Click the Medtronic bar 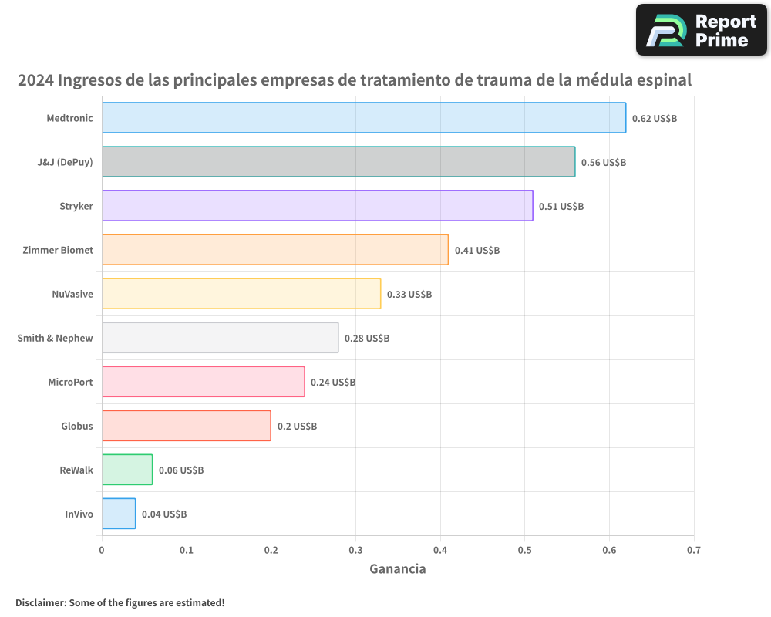[364, 118]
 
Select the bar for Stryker [317, 206]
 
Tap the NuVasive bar [241, 294]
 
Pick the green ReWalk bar [127, 470]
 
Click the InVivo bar [119, 514]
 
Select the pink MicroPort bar [203, 382]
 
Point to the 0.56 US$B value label [603, 163]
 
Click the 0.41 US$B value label [476, 251]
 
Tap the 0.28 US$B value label [367, 339]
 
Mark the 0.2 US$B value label [297, 427]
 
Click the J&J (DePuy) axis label [65, 162]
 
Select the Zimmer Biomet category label [58, 250]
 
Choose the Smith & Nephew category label [55, 338]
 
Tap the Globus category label [77, 426]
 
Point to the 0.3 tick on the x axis [355, 550]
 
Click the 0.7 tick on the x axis [693, 550]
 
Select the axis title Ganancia [397, 569]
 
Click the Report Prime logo [701, 30]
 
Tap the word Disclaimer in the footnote [40, 602]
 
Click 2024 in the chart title [35, 80]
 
